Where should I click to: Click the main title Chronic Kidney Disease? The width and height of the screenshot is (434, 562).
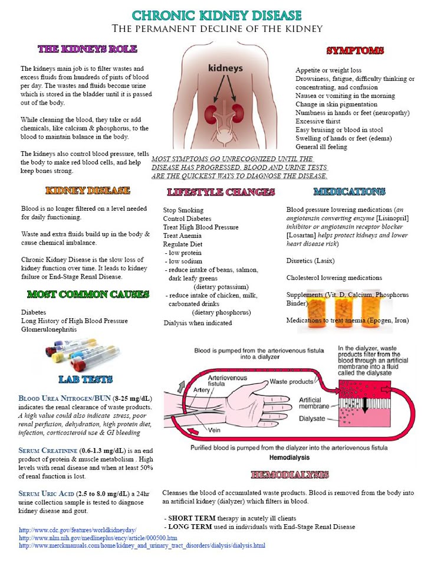tap(218, 14)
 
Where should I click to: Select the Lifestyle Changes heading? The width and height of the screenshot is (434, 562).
tap(221, 192)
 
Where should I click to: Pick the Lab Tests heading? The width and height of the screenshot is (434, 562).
tap(86, 378)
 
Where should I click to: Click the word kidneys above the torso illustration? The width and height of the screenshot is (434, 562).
tap(225, 68)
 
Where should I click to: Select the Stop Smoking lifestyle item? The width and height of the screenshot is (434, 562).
tap(183, 210)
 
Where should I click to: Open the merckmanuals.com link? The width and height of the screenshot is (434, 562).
tap(142, 546)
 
